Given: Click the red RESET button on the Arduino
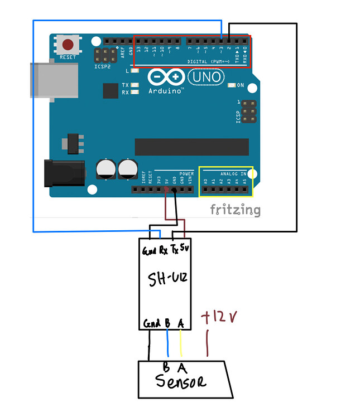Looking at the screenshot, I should [68, 45].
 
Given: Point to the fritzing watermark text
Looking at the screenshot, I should [235, 210].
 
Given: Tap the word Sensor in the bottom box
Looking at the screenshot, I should [180, 382].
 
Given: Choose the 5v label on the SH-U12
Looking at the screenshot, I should [185, 248].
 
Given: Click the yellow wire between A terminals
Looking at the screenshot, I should [181, 343].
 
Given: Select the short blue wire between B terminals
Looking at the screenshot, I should [167, 343].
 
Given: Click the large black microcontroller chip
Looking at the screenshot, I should [191, 147].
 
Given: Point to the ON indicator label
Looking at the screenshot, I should [240, 85].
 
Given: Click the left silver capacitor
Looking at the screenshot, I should [106, 169].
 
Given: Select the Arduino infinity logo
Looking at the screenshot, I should [166, 77].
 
